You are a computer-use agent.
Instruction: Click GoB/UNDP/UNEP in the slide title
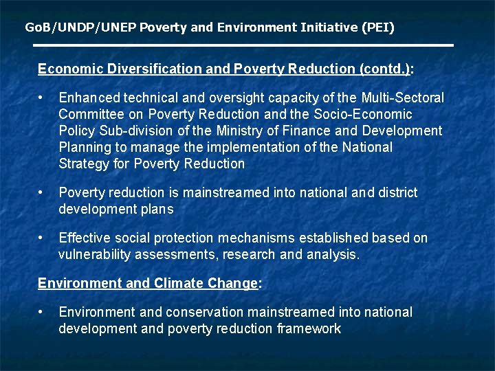(x=80, y=27)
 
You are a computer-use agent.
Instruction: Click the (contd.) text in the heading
(x=384, y=69)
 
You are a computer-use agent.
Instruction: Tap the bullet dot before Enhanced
(x=43, y=98)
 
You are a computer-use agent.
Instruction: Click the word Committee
(x=91, y=114)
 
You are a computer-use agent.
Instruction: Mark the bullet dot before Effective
(x=43, y=238)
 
